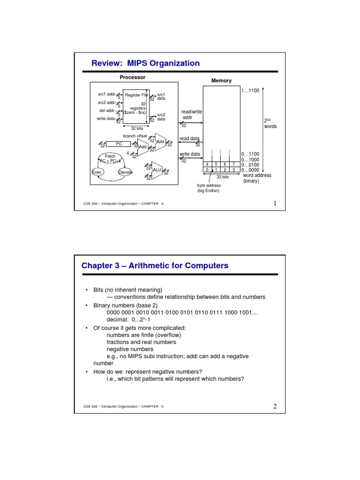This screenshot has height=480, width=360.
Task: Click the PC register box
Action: point(119,144)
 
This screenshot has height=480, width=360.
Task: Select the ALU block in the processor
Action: point(157,171)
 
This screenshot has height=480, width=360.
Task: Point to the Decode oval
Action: point(125,172)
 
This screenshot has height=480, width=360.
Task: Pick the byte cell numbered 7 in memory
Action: point(233,164)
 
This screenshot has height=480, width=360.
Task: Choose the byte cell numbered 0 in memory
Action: point(207,170)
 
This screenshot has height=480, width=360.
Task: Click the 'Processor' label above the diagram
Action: point(133,77)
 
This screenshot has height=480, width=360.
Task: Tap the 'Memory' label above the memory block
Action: point(221,81)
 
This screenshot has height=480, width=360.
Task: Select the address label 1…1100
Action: point(250,90)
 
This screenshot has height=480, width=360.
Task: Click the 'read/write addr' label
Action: point(191,115)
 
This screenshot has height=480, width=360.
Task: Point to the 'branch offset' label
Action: point(135,136)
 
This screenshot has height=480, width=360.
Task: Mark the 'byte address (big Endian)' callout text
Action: point(209,188)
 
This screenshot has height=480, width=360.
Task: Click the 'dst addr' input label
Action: point(107,111)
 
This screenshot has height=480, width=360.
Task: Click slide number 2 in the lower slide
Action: point(275,406)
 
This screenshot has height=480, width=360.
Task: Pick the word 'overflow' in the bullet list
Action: point(168,335)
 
